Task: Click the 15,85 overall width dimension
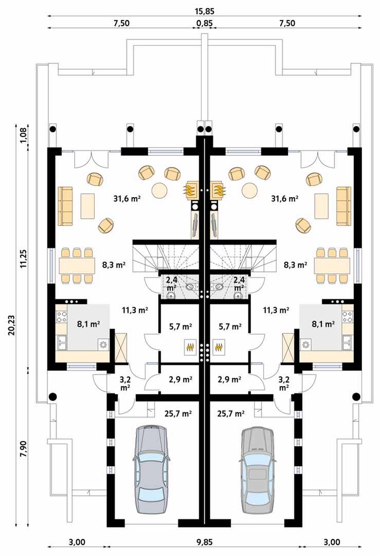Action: pos(205,11)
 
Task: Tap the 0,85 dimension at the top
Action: pos(205,24)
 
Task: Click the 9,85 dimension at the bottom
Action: pos(205,542)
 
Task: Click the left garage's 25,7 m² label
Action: pos(178,413)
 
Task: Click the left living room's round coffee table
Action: pos(160,191)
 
